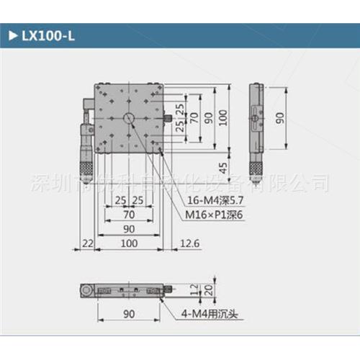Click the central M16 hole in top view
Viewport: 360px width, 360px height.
(128, 118)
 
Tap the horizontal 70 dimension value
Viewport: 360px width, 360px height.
(129, 214)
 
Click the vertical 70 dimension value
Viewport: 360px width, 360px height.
(194, 118)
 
